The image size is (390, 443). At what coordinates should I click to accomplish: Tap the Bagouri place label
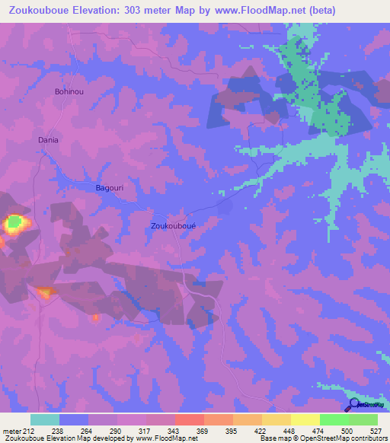pyautogui.click(x=110, y=187)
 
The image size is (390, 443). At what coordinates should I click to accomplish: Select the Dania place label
pyautogui.click(x=49, y=140)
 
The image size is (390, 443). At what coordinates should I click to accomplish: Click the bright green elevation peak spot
pyautogui.click(x=14, y=223)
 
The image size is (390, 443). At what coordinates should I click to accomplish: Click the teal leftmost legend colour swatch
pyautogui.click(x=45, y=419)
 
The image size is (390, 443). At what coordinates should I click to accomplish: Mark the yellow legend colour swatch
pyautogui.click(x=305, y=419)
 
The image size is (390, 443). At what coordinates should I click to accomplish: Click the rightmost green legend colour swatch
pyautogui.click(x=363, y=419)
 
